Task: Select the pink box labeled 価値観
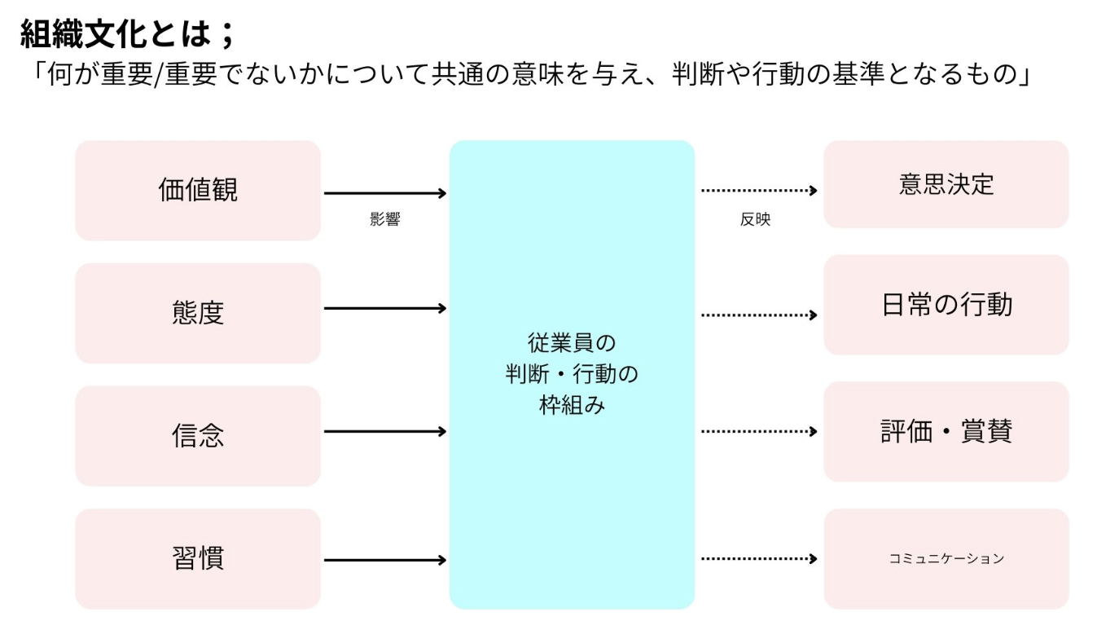point(198,190)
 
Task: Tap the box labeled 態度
point(198,313)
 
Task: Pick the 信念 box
point(198,436)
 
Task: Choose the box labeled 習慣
point(198,559)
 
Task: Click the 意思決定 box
point(946,184)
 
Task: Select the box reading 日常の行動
point(946,305)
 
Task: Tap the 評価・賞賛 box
point(946,431)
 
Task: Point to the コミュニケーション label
point(946,559)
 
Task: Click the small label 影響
point(384,219)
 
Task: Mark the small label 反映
point(755,219)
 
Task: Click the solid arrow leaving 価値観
point(385,193)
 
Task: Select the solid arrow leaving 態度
point(385,308)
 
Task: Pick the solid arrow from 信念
point(385,431)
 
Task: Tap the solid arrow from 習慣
point(385,560)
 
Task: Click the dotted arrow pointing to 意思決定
point(758,191)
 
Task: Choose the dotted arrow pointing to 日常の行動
point(758,315)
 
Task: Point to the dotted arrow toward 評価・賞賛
point(758,431)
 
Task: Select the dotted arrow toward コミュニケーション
point(758,558)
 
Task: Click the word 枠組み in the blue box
point(572,405)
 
